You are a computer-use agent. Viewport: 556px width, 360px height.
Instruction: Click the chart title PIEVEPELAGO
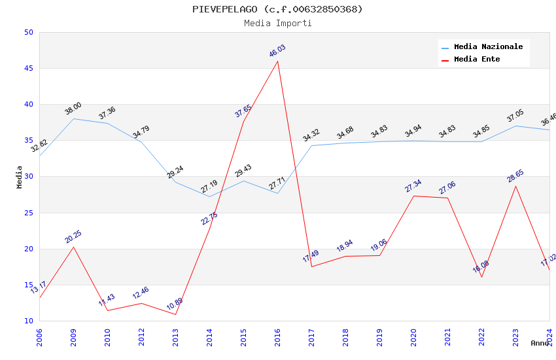coord(277,9)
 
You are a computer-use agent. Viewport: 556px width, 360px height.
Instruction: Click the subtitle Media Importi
coord(277,24)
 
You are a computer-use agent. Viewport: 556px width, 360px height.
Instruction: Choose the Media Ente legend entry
coord(477,60)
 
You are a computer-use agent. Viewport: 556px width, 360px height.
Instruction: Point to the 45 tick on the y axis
coord(28,69)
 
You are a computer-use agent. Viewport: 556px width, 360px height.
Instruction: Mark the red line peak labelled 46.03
coord(278,62)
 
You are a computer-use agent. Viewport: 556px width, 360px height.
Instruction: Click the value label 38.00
coord(73,109)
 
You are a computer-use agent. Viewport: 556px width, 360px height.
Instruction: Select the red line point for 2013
coord(176,314)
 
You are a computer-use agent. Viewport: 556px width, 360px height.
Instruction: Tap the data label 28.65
coord(515,175)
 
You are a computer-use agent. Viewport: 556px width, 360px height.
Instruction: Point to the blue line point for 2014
coord(210,196)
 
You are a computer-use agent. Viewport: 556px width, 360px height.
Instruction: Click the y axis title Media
coord(20,177)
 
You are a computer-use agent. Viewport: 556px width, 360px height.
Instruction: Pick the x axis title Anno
coord(540,343)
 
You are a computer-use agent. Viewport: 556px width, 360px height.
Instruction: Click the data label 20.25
coord(73,237)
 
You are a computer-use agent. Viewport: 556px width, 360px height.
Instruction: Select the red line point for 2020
coord(414,196)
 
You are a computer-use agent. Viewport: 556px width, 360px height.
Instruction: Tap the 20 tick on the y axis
coord(28,249)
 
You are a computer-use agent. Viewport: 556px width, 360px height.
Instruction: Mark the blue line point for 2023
coord(516,126)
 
